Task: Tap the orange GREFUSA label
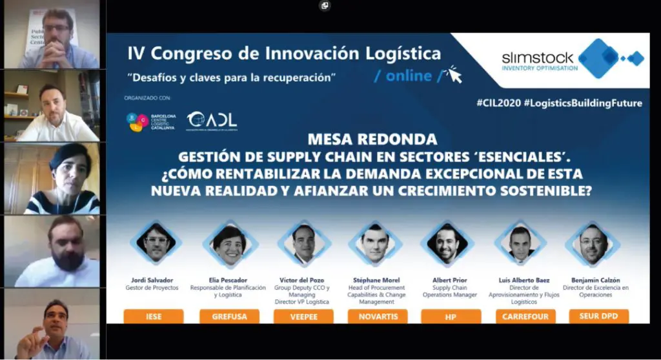[230, 316]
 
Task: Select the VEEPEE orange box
[303, 316]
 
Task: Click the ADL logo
[212, 120]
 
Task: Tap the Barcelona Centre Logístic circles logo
[137, 121]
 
